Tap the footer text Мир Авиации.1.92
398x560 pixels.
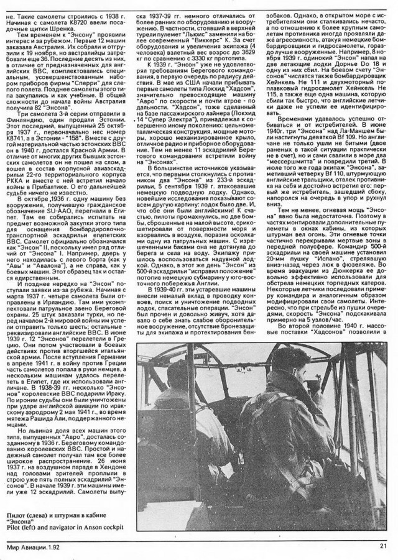pos(37,546)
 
